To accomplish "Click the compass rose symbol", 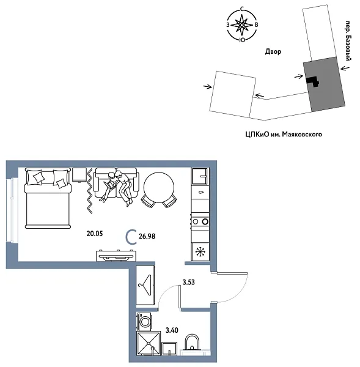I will point(243,26).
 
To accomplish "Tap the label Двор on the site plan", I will point(273,53).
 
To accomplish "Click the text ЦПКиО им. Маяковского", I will point(282,133).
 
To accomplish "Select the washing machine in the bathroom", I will point(145,322).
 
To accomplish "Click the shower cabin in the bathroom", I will point(149,344).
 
